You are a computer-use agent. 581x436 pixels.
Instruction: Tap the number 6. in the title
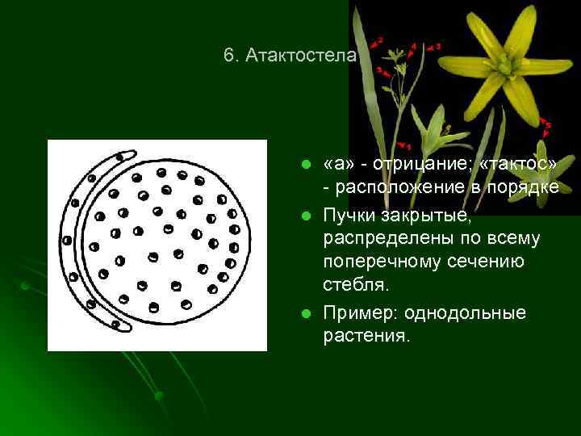point(232,56)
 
